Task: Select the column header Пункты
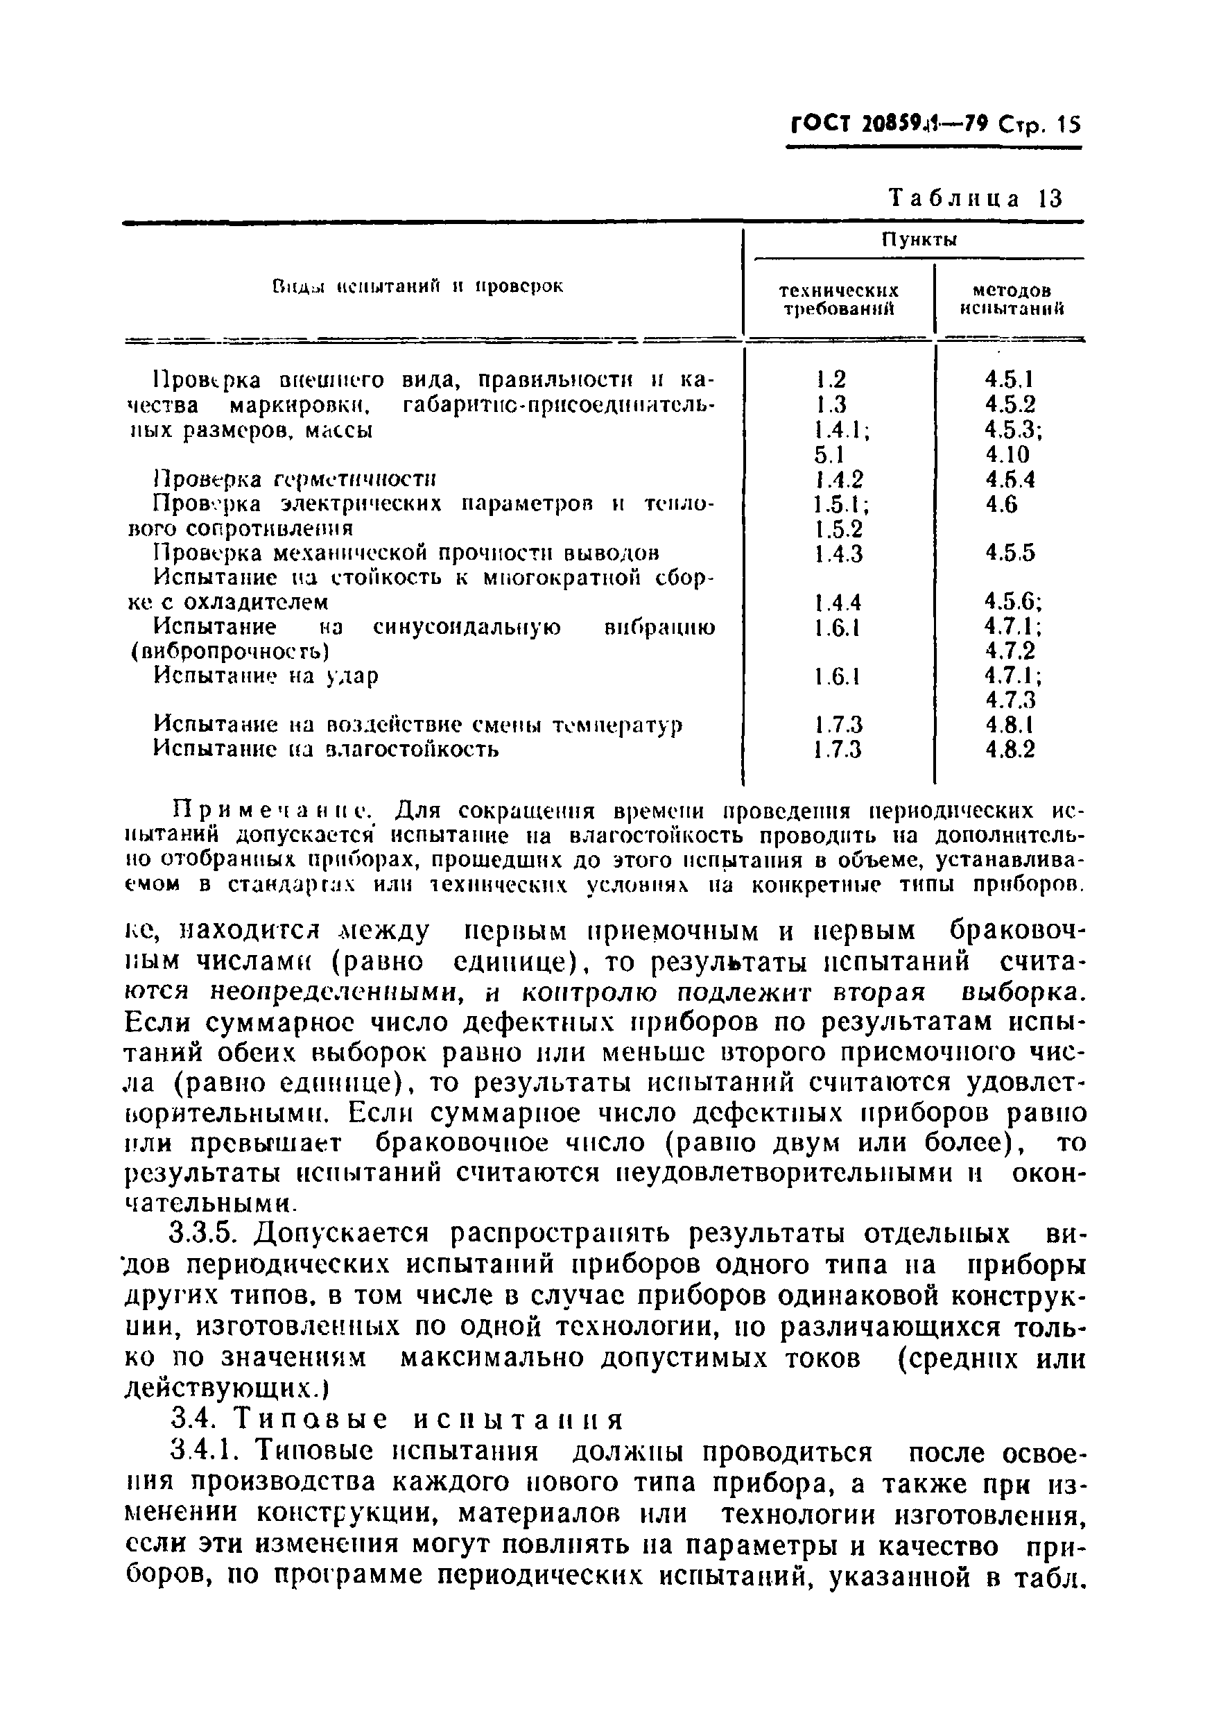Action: click(919, 240)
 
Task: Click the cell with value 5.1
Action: click(829, 455)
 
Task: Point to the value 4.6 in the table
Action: click(1001, 504)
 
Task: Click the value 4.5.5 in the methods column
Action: click(1010, 553)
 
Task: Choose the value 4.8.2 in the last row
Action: click(1010, 749)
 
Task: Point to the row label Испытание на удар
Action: click(266, 676)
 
